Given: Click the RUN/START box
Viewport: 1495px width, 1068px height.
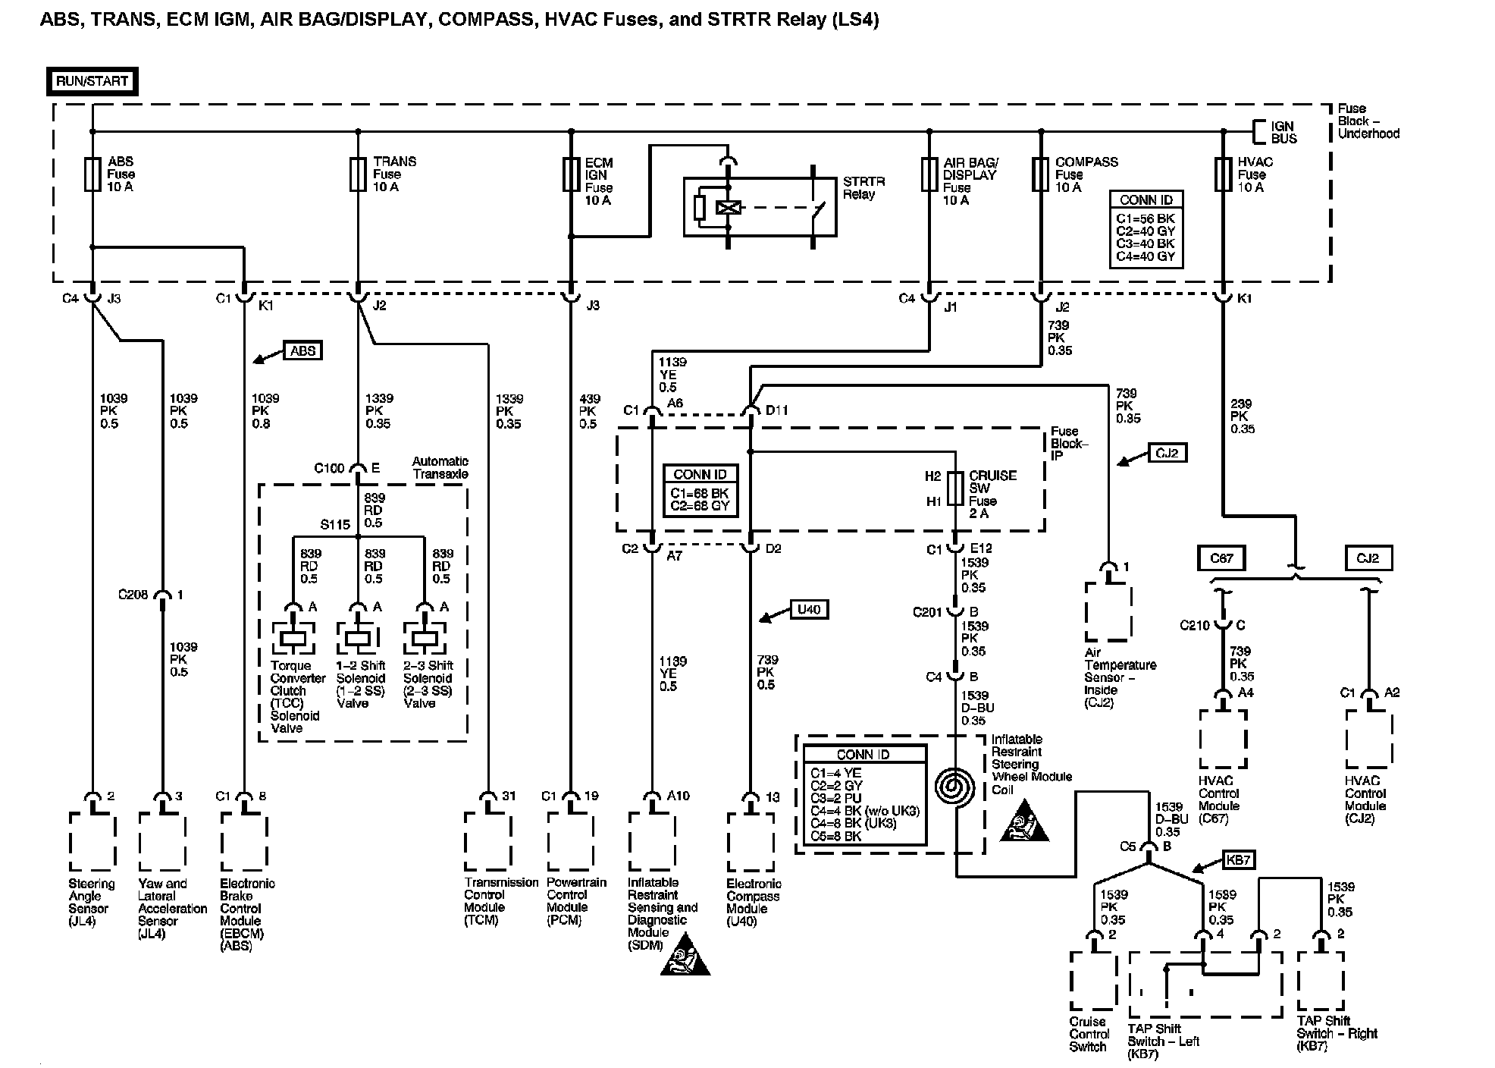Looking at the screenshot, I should pos(92,82).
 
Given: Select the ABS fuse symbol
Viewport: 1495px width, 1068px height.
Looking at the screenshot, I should pos(92,174).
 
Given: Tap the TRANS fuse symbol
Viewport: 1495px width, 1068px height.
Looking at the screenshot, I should pos(358,174).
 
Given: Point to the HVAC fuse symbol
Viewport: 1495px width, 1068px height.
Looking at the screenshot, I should pos(1222,174).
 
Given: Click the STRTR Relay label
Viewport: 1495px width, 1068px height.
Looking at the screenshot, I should pos(863,188).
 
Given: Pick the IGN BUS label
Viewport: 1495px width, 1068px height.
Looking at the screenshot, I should pos(1283,133).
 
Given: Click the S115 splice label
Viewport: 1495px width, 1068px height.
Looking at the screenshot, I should pos(335,525).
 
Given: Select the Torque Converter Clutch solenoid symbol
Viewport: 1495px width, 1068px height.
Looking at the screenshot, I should pos(293,637).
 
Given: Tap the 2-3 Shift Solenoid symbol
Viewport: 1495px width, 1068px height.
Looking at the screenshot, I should pos(425,637).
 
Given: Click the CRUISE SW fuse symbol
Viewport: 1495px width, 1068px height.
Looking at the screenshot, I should pos(957,488).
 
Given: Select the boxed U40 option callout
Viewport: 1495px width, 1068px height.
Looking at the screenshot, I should pos(809,609).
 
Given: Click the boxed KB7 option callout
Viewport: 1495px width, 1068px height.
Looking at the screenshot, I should pos(1237,859).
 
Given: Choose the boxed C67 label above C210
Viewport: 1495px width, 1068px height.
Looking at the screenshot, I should pos(1221,558).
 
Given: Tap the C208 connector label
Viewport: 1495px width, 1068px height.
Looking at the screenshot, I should pos(133,595).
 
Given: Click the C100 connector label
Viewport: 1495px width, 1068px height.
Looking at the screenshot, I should pos(330,469).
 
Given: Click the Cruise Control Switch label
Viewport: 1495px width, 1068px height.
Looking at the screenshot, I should pos(1089,1035).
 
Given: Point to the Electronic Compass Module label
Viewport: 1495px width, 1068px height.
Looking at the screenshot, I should pos(753,903).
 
